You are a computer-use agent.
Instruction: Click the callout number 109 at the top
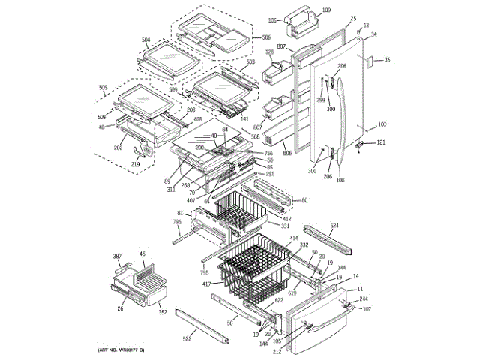[x=326, y=10]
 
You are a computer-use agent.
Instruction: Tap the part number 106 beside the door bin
[x=272, y=20]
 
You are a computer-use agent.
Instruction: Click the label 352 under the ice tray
[x=162, y=312]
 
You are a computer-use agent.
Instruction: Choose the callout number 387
[x=117, y=256]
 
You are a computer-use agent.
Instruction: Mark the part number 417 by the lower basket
[x=205, y=284]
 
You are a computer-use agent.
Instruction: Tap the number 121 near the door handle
[x=381, y=142]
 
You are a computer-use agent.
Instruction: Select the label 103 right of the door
[x=382, y=124]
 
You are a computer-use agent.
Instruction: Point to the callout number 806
[x=287, y=154]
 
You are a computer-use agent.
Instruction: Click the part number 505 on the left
[x=103, y=87]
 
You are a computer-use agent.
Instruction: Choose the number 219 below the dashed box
[x=136, y=165]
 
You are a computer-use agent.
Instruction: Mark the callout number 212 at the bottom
[x=277, y=351]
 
